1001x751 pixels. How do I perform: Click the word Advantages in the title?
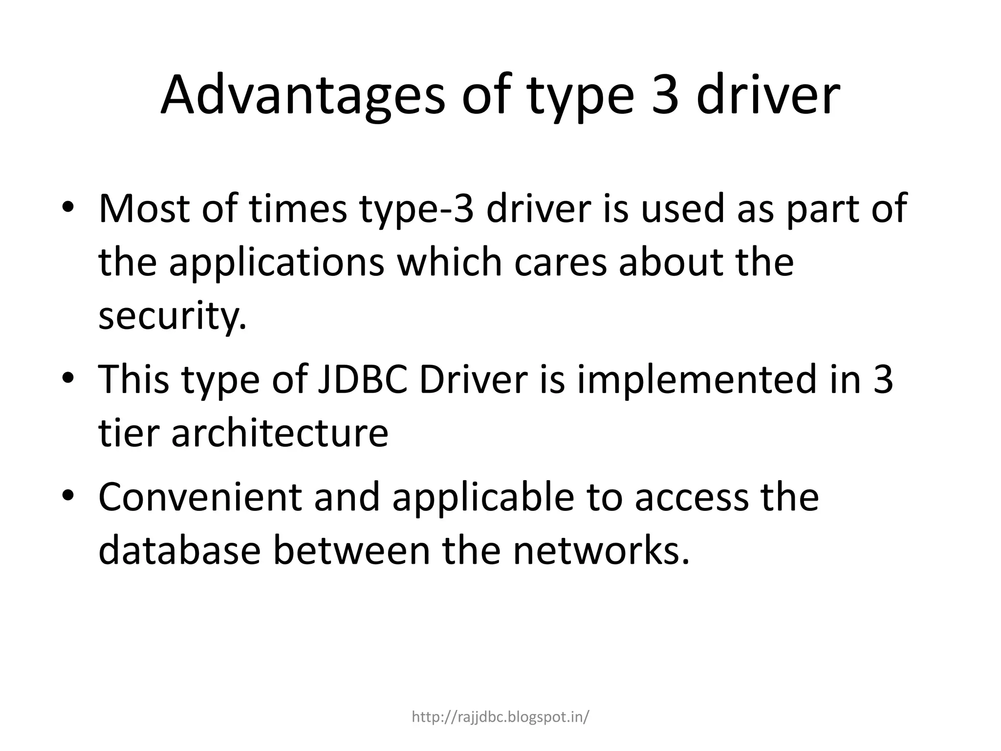[303, 95]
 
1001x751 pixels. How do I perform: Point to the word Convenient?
[200, 497]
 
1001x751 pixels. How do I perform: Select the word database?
[179, 551]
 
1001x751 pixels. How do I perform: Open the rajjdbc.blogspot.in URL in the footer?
[500, 717]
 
